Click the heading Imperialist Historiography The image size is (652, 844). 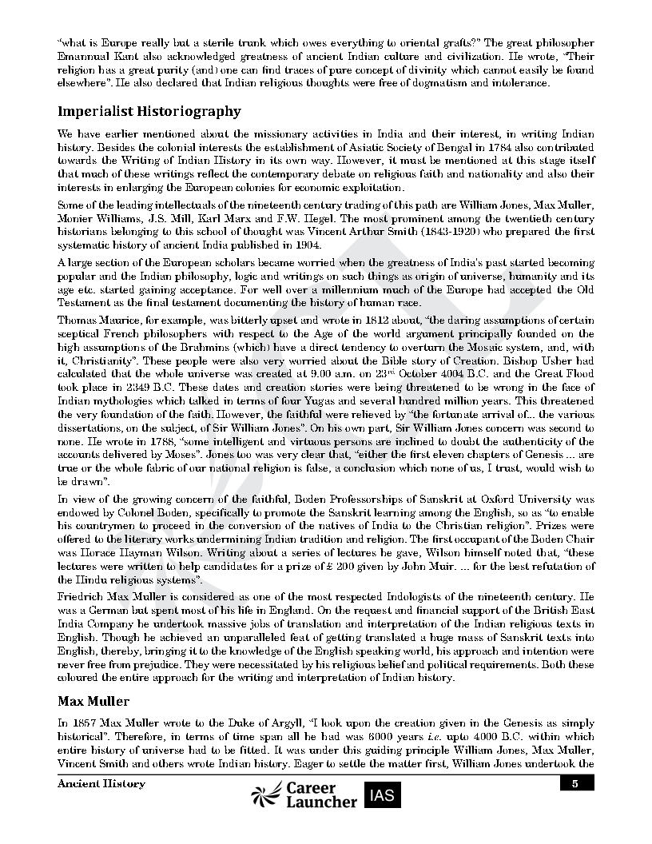[149, 111]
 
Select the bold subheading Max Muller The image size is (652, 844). [93, 701]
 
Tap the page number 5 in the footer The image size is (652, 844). [574, 784]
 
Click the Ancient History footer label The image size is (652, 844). [101, 784]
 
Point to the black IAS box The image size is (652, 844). [382, 794]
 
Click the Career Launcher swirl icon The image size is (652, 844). [266, 794]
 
